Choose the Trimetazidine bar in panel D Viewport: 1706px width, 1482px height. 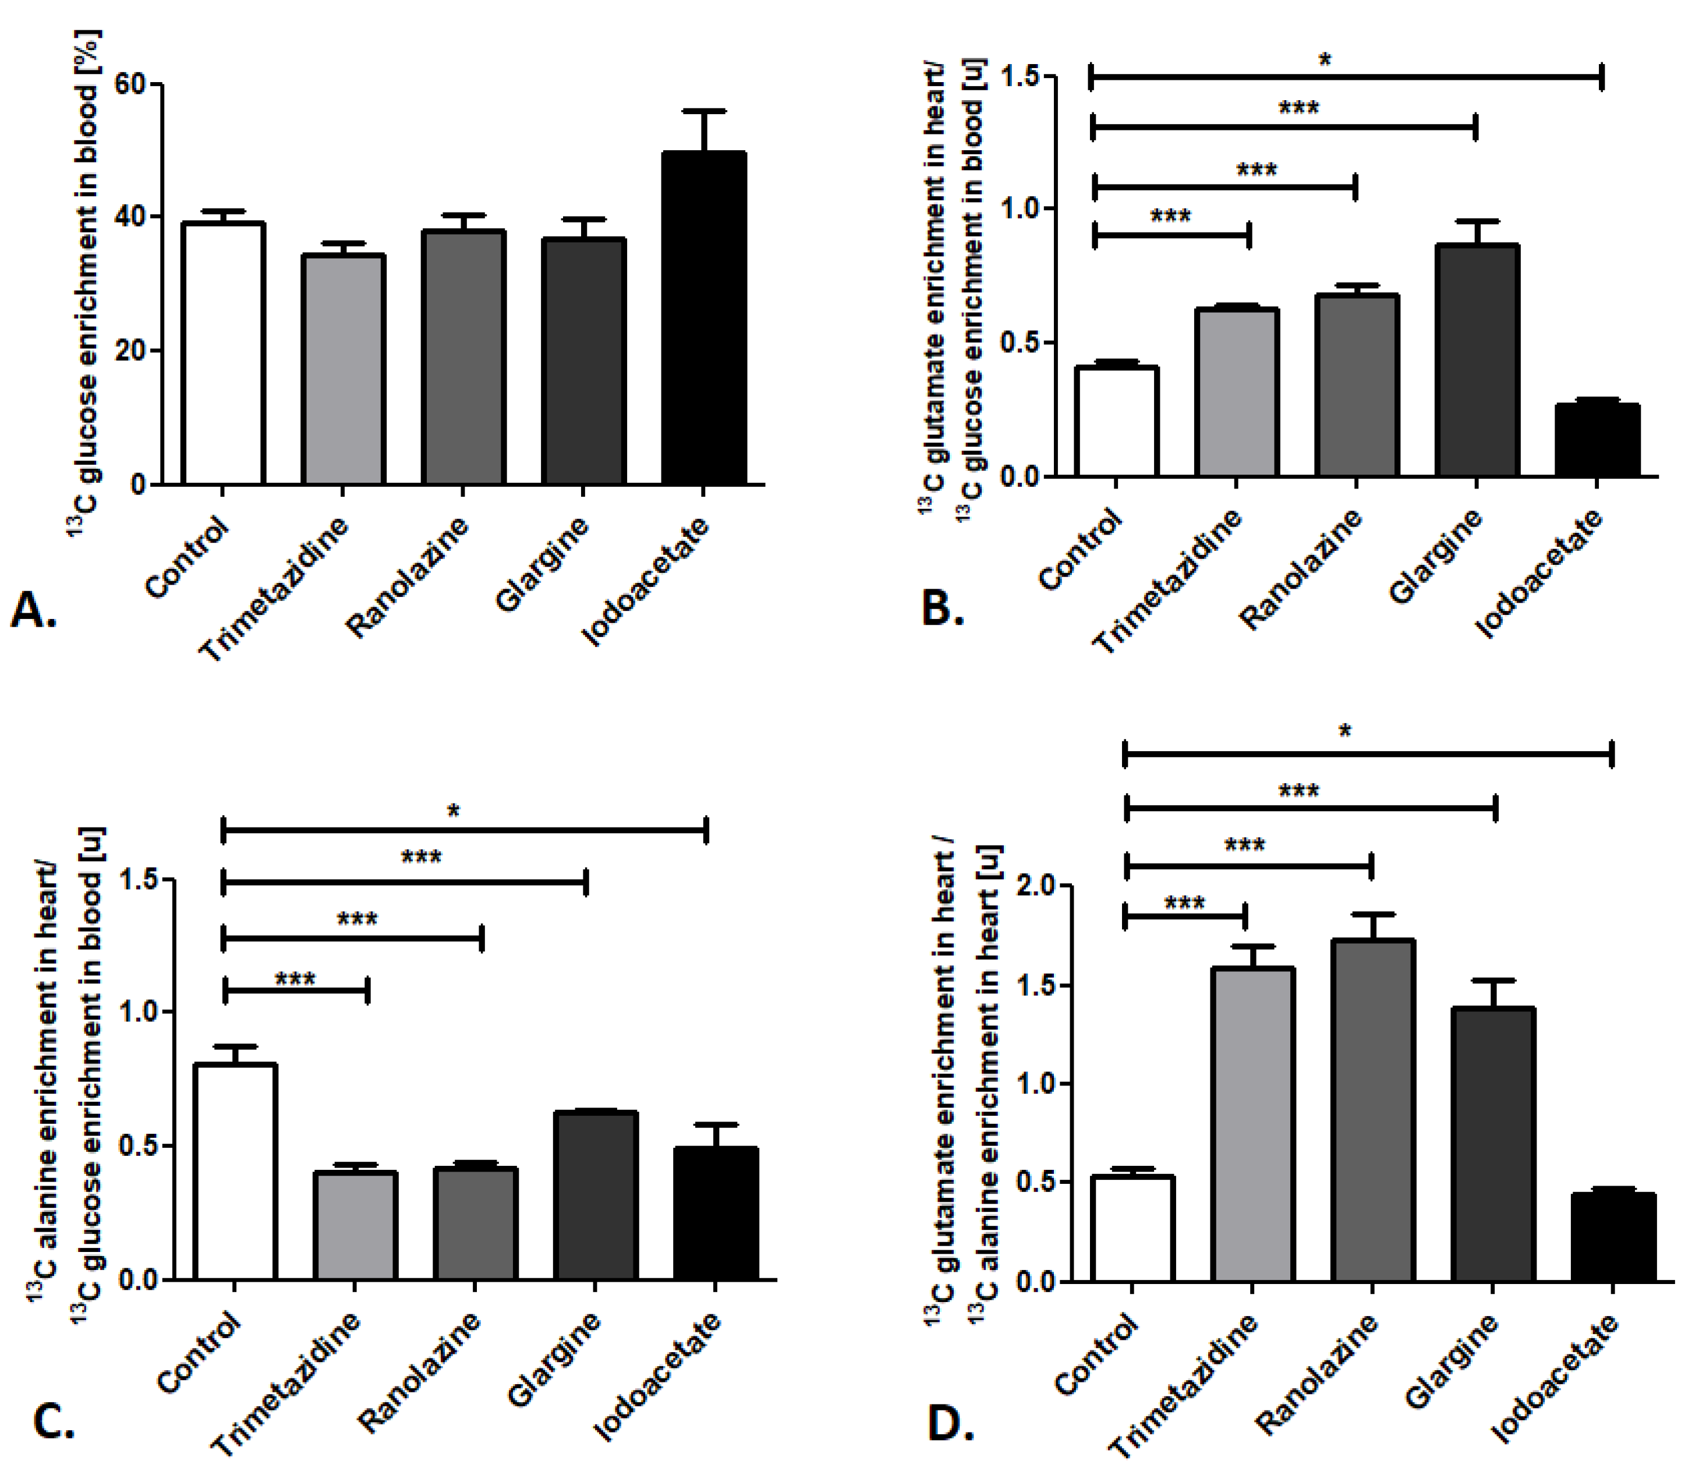point(1252,1124)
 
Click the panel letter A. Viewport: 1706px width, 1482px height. point(33,611)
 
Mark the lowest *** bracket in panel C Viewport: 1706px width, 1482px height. point(296,989)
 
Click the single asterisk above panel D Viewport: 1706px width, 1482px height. point(1346,731)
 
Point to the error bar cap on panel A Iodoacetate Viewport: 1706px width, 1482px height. point(704,111)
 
